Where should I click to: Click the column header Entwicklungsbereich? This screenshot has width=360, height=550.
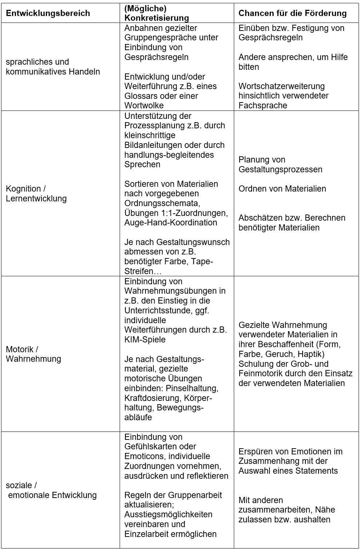click(48, 13)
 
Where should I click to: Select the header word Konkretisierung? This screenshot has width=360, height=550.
click(157, 18)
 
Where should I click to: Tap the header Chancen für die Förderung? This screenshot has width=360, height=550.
click(292, 13)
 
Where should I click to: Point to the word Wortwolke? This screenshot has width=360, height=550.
click(144, 106)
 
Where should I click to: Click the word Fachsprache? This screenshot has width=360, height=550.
click(263, 106)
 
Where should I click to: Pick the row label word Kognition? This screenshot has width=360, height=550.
click(23, 189)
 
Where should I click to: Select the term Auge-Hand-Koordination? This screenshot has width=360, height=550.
click(171, 223)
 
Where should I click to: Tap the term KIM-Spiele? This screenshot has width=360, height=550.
click(145, 340)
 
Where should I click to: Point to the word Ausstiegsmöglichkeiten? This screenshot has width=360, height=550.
click(168, 515)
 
